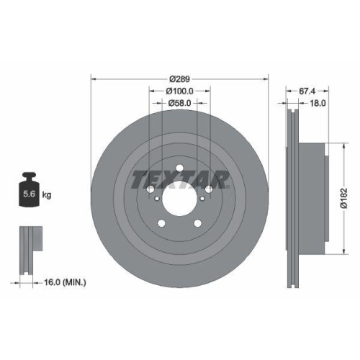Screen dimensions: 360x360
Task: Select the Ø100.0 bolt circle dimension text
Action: pyautogui.click(x=179, y=91)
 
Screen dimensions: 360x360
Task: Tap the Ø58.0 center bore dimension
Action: pyautogui.click(x=179, y=104)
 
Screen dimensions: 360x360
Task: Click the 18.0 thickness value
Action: pyautogui.click(x=318, y=104)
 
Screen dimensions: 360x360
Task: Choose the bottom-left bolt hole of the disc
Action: pyautogui.click(x=165, y=222)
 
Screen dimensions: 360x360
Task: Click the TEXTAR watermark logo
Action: pyautogui.click(x=179, y=178)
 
